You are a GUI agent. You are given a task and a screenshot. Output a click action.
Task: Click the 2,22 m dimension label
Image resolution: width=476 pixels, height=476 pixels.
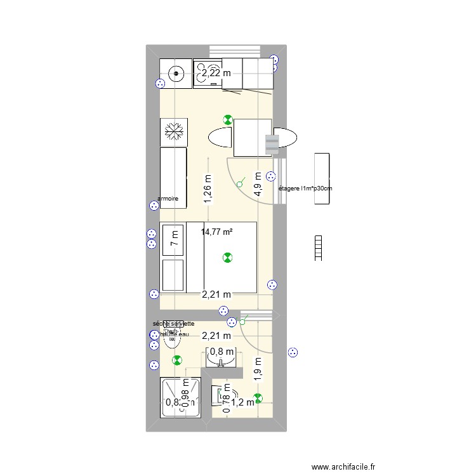coord(216,74)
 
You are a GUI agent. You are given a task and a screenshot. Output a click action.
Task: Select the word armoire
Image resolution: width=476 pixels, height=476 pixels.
coord(168,199)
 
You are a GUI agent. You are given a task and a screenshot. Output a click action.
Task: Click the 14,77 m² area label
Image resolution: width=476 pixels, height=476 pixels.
coord(217,232)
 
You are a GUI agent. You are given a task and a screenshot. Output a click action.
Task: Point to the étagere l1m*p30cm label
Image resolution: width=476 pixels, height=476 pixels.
coord(306,188)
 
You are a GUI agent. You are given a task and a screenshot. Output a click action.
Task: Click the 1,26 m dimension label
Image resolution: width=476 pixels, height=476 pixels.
coord(208,188)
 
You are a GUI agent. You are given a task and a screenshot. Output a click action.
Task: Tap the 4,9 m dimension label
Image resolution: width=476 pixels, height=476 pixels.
coord(258,185)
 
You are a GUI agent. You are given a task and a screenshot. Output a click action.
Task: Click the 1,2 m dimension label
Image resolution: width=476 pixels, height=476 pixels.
coord(242,402)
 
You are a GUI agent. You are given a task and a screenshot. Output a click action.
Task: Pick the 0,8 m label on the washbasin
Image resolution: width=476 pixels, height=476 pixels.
coord(221,352)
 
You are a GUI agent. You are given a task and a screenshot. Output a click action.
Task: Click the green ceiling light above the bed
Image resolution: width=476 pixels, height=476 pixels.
coord(227,257)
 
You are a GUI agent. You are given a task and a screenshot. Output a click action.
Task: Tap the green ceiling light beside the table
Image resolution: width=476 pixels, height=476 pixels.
coord(227,119)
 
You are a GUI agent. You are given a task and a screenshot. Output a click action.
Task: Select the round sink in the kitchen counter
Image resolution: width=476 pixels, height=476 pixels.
coord(175,74)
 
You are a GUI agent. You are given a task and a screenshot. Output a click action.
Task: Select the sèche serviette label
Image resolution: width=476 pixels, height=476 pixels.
coord(173,324)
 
